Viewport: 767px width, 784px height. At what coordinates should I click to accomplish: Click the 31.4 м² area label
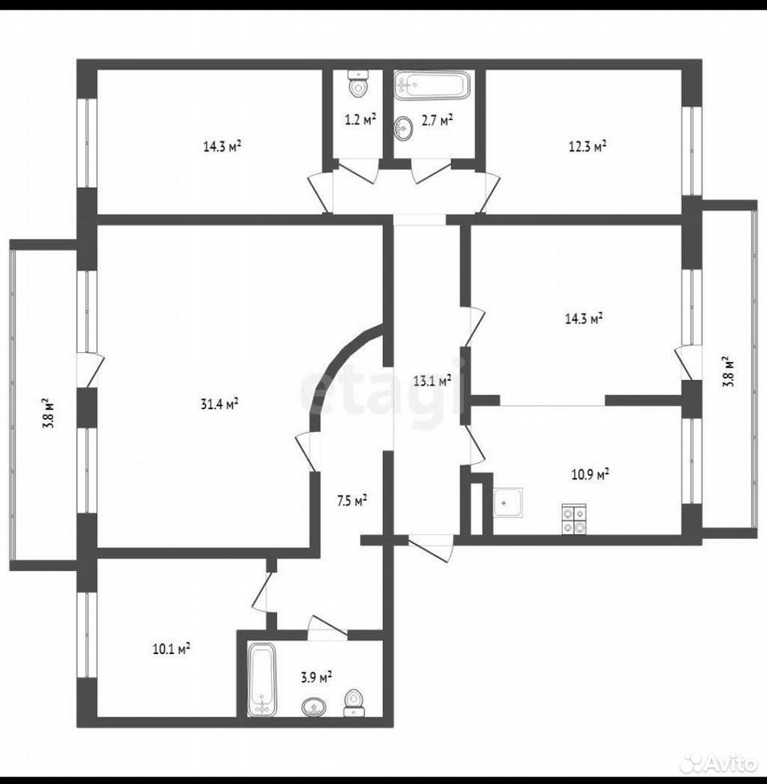pos(219,403)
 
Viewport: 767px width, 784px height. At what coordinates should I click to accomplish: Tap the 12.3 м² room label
pos(587,146)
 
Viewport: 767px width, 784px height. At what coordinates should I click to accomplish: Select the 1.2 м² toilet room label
pos(360,120)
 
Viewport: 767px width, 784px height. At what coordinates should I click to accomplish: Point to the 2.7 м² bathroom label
pos(438,120)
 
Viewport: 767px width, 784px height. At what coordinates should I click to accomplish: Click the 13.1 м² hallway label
pos(432,381)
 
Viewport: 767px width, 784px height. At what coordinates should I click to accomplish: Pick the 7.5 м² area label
pos(353,501)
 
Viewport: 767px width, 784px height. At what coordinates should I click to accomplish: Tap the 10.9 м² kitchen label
pos(590,474)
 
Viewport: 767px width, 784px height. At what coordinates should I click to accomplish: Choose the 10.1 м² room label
pos(171,649)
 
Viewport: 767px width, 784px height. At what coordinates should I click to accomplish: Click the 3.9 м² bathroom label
pos(316,678)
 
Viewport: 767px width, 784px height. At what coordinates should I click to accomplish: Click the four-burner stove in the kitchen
pos(574,519)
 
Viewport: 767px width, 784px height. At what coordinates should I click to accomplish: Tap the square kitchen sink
pos(509,503)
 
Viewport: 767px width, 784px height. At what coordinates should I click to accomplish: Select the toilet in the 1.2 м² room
pos(358,84)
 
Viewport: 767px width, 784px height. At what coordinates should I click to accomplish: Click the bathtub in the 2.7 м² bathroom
pos(432,85)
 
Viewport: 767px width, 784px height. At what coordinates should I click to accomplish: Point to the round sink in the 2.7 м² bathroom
pos(404,128)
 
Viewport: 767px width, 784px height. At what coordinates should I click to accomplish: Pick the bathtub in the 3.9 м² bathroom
pos(262,679)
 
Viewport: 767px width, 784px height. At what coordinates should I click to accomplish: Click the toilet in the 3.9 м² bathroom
pos(355,703)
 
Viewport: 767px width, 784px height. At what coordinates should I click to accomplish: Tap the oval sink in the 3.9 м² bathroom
pos(314,707)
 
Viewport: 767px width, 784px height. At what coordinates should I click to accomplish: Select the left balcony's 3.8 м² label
pos(48,413)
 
